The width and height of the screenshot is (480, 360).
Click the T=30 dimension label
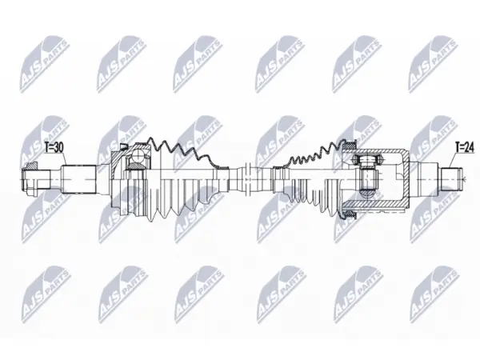point(54,148)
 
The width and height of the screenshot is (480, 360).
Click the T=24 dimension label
point(464,147)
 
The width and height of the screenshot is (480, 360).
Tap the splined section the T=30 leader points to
point(79,179)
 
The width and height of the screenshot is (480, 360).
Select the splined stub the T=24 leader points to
point(450,179)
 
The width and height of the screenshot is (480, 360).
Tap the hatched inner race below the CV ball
point(136,166)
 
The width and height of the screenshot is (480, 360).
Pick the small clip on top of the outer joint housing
point(123,146)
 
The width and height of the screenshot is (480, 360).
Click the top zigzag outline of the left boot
point(186,152)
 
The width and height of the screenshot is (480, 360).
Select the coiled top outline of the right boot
point(312,154)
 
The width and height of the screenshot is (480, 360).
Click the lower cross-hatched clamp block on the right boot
point(349,214)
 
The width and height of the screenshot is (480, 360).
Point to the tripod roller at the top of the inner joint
point(366,159)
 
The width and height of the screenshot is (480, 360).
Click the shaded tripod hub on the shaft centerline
point(367,180)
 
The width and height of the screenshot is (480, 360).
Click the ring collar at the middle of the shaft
point(248,180)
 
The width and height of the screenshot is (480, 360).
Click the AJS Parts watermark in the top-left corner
point(44,63)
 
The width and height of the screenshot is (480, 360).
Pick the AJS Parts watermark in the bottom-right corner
point(435,294)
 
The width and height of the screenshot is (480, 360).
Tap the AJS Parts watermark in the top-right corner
point(433,63)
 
